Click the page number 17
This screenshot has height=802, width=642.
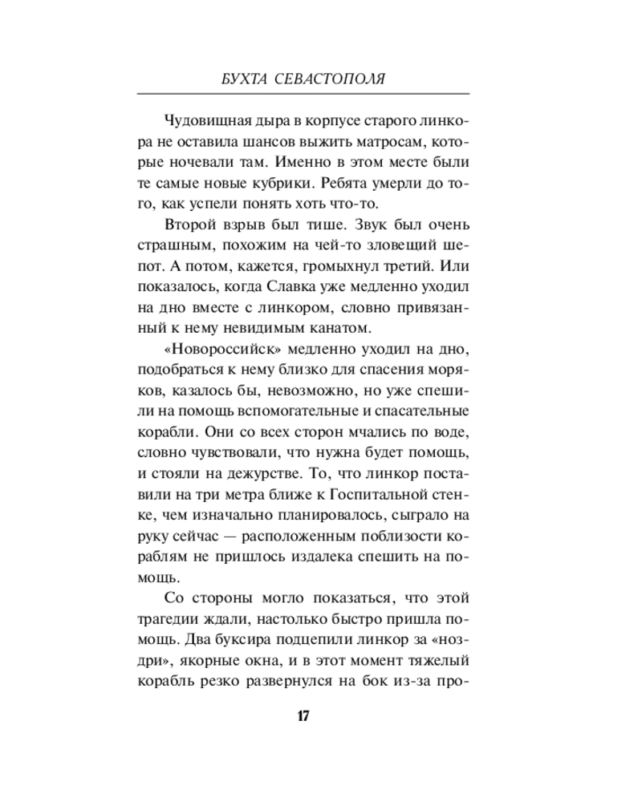[x=302, y=717]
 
